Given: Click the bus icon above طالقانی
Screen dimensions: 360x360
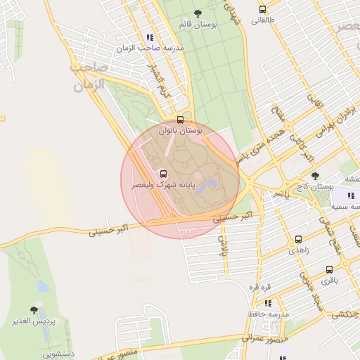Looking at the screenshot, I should coord(262,10).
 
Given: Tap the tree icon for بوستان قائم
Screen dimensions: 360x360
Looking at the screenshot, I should coord(196,13).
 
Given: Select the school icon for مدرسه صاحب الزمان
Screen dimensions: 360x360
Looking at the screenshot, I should coord(149,37).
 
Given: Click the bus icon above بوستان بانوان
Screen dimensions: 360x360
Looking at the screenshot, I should coord(181,120).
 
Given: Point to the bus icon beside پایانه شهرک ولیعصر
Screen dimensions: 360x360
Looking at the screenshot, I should coord(164,174).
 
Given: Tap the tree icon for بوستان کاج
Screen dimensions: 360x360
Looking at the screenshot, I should coord(314,176).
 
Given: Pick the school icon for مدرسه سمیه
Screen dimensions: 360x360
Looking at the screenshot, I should coord(351,195).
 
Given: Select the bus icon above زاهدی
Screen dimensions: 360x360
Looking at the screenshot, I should coord(299,239).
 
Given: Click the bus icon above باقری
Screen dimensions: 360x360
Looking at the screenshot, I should coord(329,269).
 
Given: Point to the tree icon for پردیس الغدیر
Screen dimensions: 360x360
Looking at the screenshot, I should coord(34,309).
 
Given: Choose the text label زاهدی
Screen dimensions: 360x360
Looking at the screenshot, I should coord(298,250).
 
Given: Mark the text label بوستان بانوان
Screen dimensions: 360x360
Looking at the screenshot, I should coord(181,131).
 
